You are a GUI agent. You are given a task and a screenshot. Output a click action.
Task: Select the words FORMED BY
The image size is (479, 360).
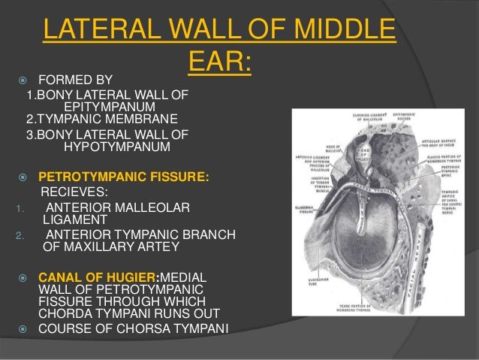click(74, 79)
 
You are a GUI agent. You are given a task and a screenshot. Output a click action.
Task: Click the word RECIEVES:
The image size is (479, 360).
click(74, 192)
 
